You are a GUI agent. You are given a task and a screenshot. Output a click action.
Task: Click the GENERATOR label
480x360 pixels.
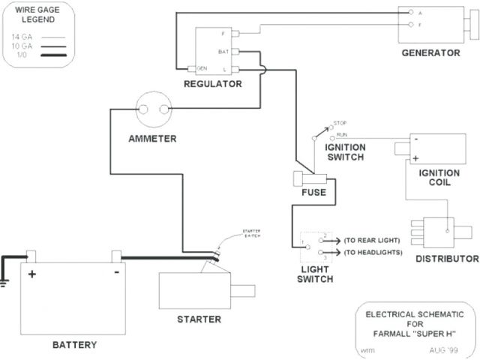pos(430,52)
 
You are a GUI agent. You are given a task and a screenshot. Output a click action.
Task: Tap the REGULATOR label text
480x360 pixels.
pos(213,84)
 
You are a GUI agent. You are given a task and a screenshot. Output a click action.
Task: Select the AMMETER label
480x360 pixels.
pos(152,138)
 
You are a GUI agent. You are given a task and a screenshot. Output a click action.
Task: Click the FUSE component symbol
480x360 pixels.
pos(309,180)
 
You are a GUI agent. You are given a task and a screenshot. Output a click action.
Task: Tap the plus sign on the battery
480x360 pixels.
pos(32,274)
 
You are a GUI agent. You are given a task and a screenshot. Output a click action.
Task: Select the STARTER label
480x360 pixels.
pos(199,319)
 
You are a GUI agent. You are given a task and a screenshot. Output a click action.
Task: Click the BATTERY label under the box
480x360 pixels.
pos(74,345)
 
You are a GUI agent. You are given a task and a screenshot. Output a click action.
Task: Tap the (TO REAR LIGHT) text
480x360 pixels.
pos(372,240)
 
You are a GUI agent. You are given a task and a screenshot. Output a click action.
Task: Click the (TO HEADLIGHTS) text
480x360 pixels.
pos(373,252)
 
